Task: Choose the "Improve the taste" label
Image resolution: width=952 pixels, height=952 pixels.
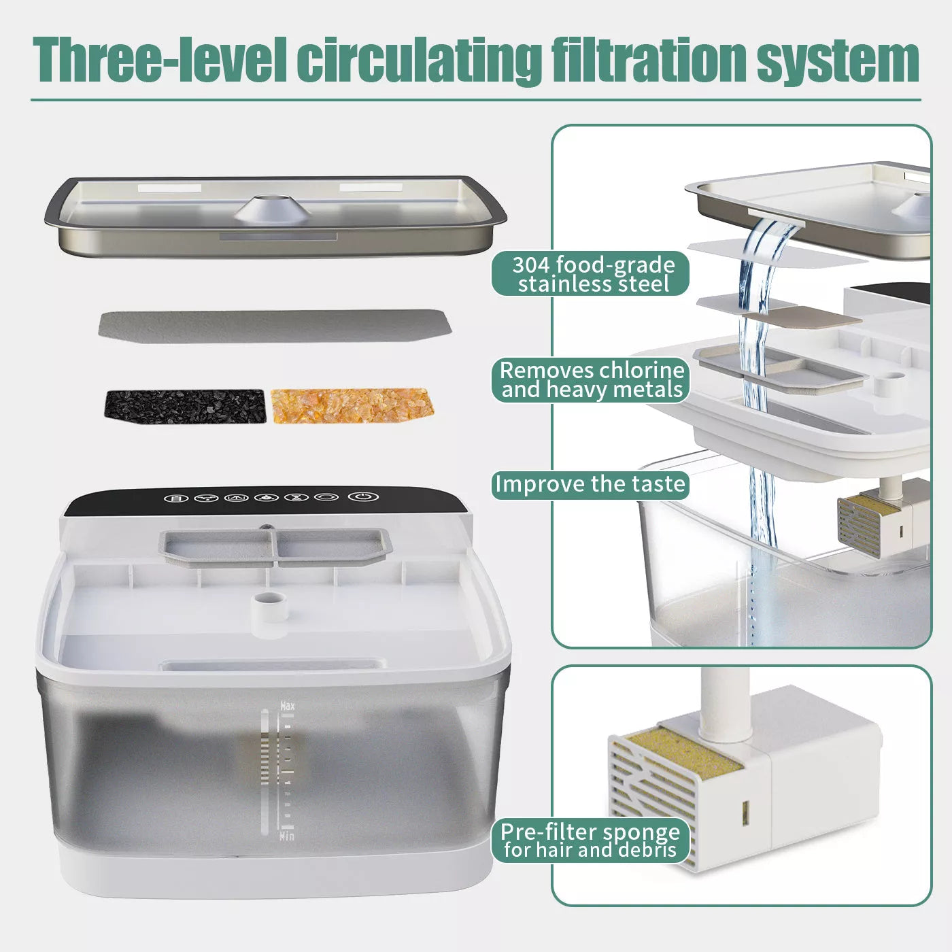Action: click(590, 485)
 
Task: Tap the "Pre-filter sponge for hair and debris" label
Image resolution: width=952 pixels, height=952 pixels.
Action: click(590, 841)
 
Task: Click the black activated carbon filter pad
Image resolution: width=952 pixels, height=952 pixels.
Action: click(185, 406)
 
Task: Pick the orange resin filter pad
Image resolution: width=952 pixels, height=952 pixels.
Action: click(352, 405)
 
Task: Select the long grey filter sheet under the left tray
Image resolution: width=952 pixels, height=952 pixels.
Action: click(275, 325)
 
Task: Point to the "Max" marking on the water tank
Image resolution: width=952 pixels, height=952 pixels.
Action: click(288, 707)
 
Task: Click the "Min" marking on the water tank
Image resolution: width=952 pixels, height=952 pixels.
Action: click(287, 836)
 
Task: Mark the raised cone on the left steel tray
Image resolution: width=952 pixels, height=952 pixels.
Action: click(272, 207)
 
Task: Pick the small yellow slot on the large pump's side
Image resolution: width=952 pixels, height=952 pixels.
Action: click(745, 810)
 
